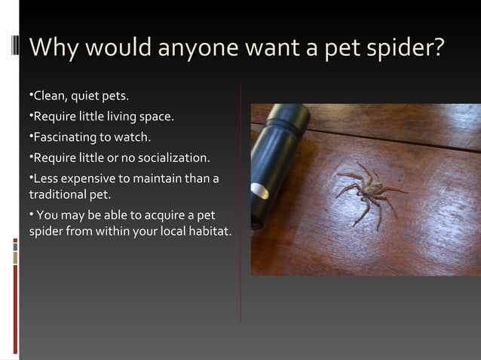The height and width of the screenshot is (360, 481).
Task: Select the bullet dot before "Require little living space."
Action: tap(31, 117)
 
